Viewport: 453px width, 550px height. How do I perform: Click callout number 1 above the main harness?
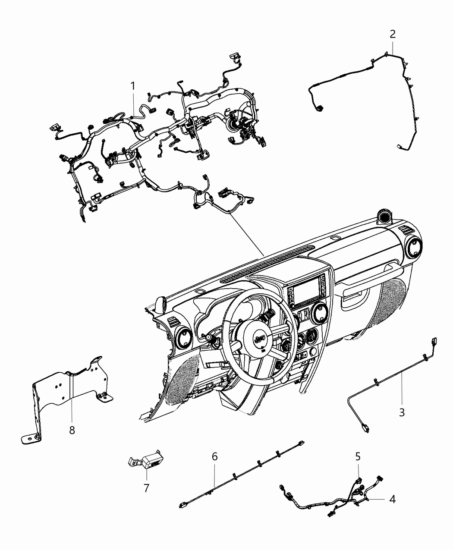pyautogui.click(x=133, y=86)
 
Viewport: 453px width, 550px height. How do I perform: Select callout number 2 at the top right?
pyautogui.click(x=393, y=34)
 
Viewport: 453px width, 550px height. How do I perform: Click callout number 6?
pyautogui.click(x=215, y=456)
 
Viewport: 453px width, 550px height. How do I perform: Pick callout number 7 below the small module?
pyautogui.click(x=147, y=488)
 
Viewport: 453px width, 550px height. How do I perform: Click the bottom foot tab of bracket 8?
pyautogui.click(x=31, y=439)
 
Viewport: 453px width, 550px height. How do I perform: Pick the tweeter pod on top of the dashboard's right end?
pyautogui.click(x=385, y=217)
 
